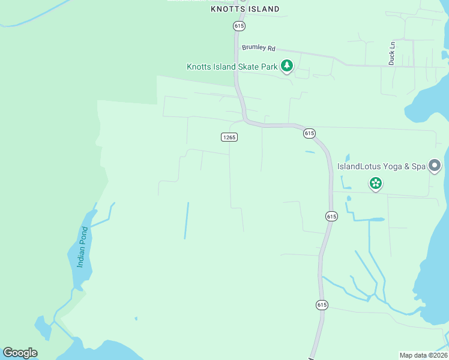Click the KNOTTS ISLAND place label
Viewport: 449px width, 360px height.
pyautogui.click(x=245, y=9)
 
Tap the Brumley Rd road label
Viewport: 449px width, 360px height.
pyautogui.click(x=258, y=47)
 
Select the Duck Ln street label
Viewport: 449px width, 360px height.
pyautogui.click(x=392, y=53)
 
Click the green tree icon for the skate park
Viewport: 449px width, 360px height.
pyautogui.click(x=287, y=66)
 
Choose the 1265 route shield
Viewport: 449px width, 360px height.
pyautogui.click(x=229, y=137)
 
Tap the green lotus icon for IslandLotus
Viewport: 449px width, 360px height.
pyautogui.click(x=376, y=183)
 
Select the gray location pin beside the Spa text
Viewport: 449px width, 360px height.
pyautogui.click(x=435, y=166)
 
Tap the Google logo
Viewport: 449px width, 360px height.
pyautogui.click(x=20, y=353)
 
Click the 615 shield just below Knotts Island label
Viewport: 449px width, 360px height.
pyautogui.click(x=240, y=26)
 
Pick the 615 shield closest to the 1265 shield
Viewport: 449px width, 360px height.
pyautogui.click(x=309, y=133)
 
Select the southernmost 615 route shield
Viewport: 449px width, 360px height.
pyautogui.click(x=322, y=305)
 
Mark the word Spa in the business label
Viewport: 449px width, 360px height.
pyautogui.click(x=418, y=166)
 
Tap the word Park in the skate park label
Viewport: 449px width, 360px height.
pyautogui.click(x=269, y=67)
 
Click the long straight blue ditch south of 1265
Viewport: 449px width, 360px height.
pyautogui.click(x=187, y=220)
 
